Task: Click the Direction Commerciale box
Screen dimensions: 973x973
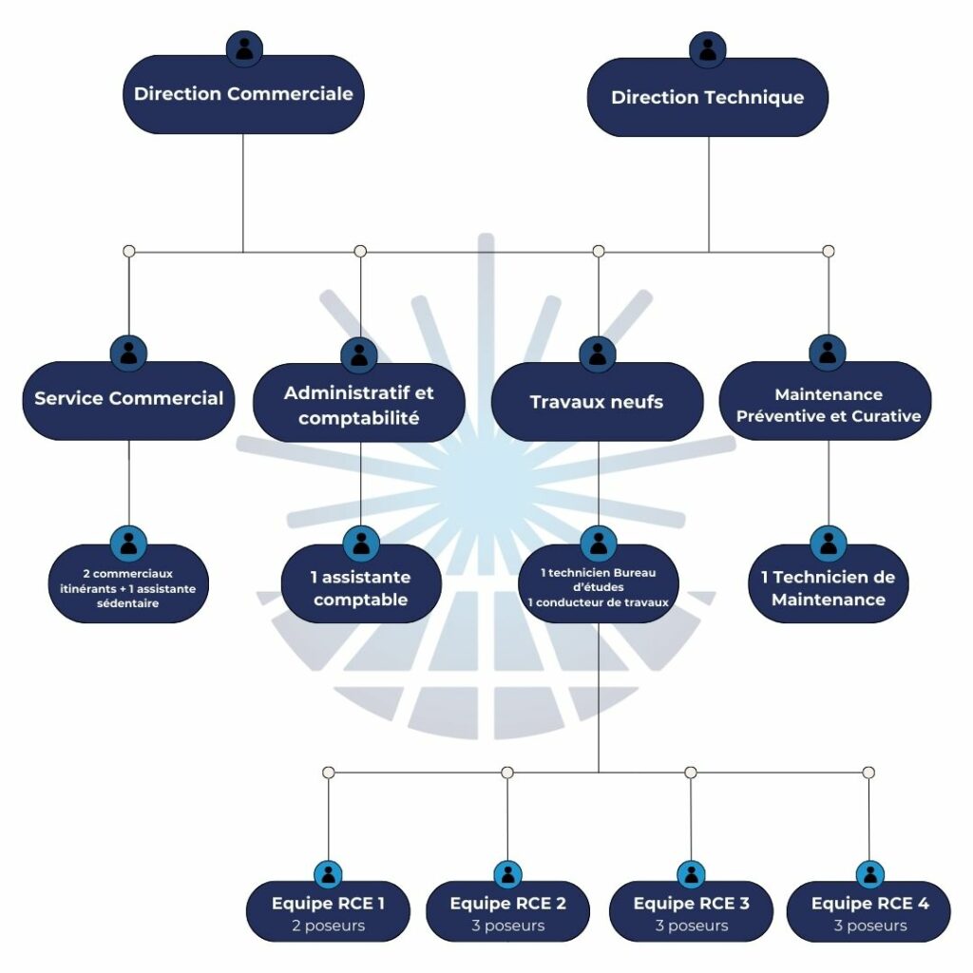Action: pos(243,94)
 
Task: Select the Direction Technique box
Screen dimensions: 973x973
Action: pos(708,97)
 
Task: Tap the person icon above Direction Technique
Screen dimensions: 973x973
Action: pos(708,49)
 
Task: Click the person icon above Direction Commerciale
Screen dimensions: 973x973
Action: pos(244,48)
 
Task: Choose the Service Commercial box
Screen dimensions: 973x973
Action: pos(128,399)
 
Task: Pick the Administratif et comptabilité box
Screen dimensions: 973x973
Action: pos(359,405)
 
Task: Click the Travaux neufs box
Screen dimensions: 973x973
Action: pos(597,402)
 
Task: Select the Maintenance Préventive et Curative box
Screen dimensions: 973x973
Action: pos(828,405)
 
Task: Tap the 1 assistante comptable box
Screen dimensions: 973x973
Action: pos(361,588)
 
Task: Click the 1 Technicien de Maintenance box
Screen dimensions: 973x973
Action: pos(829,588)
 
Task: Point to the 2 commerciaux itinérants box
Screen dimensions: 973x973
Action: pos(128,588)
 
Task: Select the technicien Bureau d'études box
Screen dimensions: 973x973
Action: pos(598,587)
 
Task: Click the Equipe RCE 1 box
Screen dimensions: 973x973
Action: pos(328,913)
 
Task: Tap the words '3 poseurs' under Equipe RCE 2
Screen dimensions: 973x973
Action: pos(508,925)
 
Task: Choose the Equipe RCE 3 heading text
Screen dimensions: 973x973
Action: pos(691,903)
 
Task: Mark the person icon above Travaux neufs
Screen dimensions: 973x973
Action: pos(598,353)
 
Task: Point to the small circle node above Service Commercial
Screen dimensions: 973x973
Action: pos(129,251)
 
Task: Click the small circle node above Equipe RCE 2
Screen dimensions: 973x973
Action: pos(507,773)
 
